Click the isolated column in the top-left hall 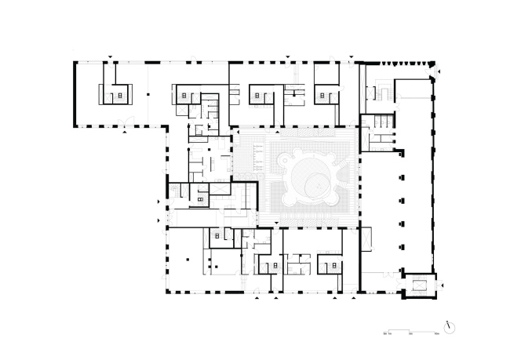(x=146, y=95)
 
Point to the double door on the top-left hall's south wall (x=120, y=122)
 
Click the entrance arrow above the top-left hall (x=111, y=56)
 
